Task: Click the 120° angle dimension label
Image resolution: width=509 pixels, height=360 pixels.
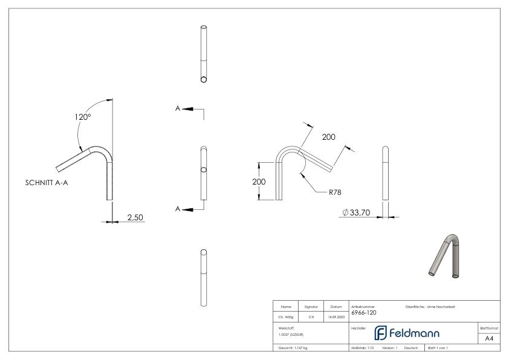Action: pyautogui.click(x=83, y=117)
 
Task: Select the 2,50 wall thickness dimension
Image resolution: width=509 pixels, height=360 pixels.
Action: pyautogui.click(x=134, y=217)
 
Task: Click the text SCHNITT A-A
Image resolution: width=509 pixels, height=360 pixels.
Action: pyautogui.click(x=47, y=182)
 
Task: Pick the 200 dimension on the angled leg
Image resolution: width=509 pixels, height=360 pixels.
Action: pyautogui.click(x=328, y=137)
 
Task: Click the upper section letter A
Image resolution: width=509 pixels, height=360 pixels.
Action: pyautogui.click(x=178, y=108)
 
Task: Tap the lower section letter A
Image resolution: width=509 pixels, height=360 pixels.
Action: pyautogui.click(x=178, y=209)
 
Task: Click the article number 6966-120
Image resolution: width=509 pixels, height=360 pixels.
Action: pyautogui.click(x=363, y=313)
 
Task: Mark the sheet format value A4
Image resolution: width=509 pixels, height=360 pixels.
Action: pyautogui.click(x=489, y=339)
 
